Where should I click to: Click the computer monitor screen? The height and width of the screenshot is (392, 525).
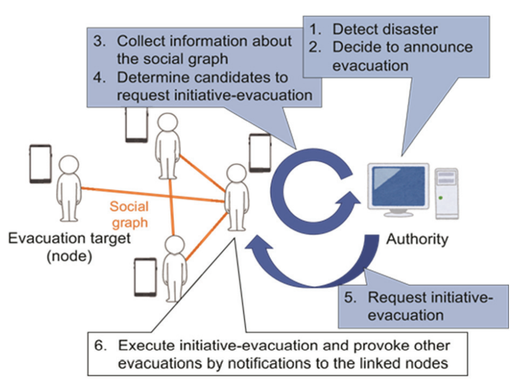pos(399,188)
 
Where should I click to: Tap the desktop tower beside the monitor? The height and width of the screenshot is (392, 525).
pos(446,192)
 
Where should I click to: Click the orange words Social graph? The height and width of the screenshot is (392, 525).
pos(129,215)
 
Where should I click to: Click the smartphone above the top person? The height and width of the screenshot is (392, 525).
pos(136,125)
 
